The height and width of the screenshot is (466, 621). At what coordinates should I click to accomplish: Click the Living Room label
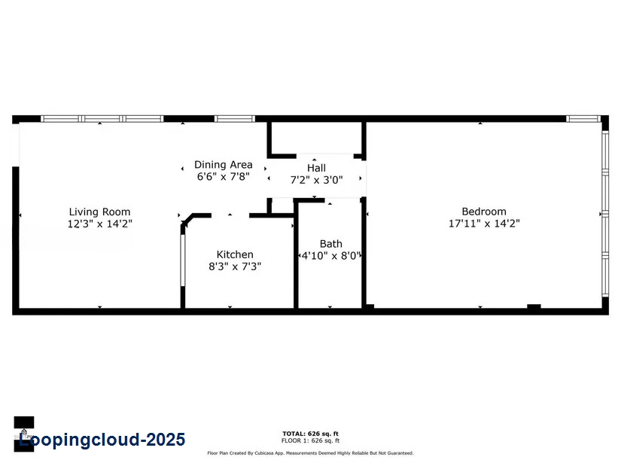[x=99, y=212]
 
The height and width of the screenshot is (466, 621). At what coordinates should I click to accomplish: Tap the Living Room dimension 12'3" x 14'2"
[x=99, y=224]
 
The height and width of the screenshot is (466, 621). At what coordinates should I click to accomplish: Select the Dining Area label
[x=223, y=165]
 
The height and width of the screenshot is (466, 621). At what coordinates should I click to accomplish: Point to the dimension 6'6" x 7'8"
[x=223, y=177]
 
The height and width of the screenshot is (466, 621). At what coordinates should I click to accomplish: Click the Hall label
[x=316, y=168]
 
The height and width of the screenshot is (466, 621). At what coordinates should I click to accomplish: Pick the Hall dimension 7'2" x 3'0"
[x=316, y=180]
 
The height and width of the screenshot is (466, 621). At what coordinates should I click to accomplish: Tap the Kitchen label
[x=235, y=254]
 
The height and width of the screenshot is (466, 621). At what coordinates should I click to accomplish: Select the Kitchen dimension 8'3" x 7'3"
[x=235, y=267]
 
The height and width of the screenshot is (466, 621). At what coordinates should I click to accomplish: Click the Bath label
[x=330, y=243]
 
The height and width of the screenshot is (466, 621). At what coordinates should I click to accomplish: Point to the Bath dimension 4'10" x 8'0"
[x=331, y=255]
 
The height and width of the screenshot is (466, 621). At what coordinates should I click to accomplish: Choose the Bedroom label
[x=484, y=212]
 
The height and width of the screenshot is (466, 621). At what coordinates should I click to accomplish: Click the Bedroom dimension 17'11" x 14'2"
[x=484, y=224]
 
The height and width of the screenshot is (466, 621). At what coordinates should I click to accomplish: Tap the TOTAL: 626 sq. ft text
[x=310, y=434]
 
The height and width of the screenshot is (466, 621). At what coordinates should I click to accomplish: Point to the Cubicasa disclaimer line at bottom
[x=310, y=453]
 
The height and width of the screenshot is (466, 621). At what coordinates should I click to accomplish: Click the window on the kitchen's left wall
[x=183, y=260]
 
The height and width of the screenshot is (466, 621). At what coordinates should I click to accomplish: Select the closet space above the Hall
[x=316, y=139]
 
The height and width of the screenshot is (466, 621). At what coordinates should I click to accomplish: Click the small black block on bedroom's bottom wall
[x=534, y=306]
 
